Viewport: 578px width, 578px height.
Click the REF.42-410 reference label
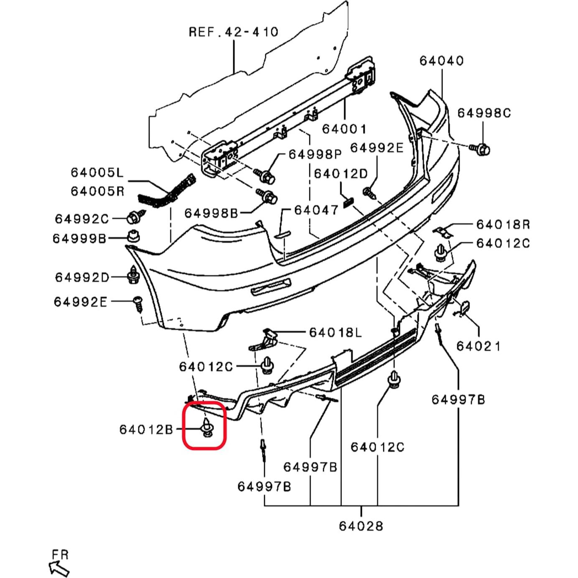coord(233,32)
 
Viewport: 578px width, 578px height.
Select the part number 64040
coord(441,61)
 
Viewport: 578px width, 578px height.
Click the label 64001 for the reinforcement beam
coord(344,129)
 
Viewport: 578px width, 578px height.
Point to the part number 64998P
coord(315,154)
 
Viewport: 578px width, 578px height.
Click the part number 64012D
coord(341,174)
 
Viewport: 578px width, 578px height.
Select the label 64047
coord(316,210)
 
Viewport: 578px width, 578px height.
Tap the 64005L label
coord(97,172)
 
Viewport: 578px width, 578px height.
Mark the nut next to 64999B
coord(133,236)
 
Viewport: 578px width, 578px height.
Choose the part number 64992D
coord(82,278)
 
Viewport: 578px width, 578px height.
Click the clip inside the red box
coord(207,427)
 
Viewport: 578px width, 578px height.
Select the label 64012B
coord(146,430)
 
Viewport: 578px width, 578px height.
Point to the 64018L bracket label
coord(335,333)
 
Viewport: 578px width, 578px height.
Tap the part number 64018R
coord(503,224)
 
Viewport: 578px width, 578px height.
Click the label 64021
coord(478,346)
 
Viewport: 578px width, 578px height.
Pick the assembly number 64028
coord(361,526)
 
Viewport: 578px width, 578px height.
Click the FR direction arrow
coord(59,568)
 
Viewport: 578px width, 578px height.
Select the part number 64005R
coord(97,191)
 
